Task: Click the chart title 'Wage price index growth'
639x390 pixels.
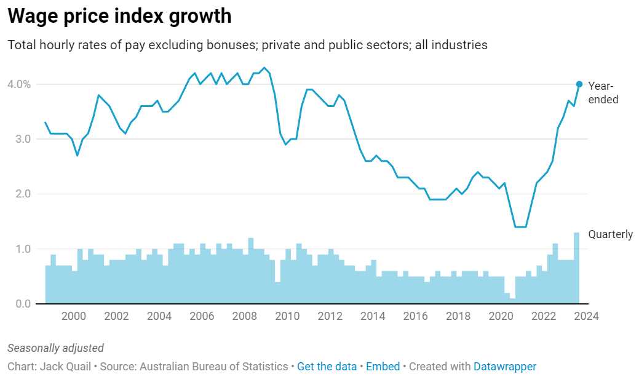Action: (120, 17)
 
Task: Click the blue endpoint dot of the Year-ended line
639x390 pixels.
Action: (579, 84)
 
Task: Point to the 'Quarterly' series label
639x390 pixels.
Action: (610, 234)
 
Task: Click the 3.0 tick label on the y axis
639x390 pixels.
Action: (22, 139)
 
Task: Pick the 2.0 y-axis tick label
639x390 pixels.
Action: (22, 194)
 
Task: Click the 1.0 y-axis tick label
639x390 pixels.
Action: (22, 249)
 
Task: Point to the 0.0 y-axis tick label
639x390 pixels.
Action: (22, 304)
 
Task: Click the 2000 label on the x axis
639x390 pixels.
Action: (74, 316)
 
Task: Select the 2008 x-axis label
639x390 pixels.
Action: (245, 316)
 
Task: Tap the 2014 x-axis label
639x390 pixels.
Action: (373, 316)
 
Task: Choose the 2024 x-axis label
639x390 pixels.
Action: (586, 316)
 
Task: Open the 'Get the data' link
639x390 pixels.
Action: (327, 367)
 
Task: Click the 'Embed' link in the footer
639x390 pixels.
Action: (383, 367)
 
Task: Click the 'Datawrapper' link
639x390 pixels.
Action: (504, 367)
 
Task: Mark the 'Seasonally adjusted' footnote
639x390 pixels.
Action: (55, 348)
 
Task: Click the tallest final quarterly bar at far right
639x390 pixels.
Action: (576, 268)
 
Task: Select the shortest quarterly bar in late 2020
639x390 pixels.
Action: (512, 301)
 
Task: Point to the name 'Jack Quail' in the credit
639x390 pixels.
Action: (65, 367)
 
